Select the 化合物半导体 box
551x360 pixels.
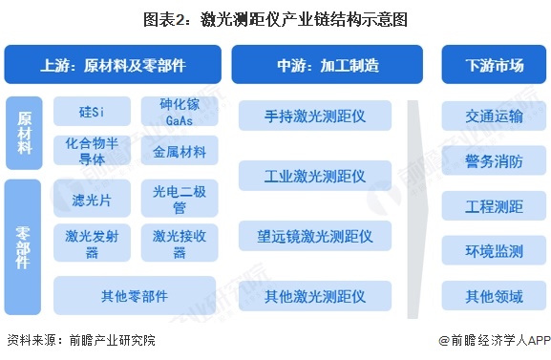(92, 151)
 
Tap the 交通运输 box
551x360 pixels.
(494, 116)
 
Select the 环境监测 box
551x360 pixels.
(494, 251)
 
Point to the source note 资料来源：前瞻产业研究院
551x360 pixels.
(79, 340)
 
